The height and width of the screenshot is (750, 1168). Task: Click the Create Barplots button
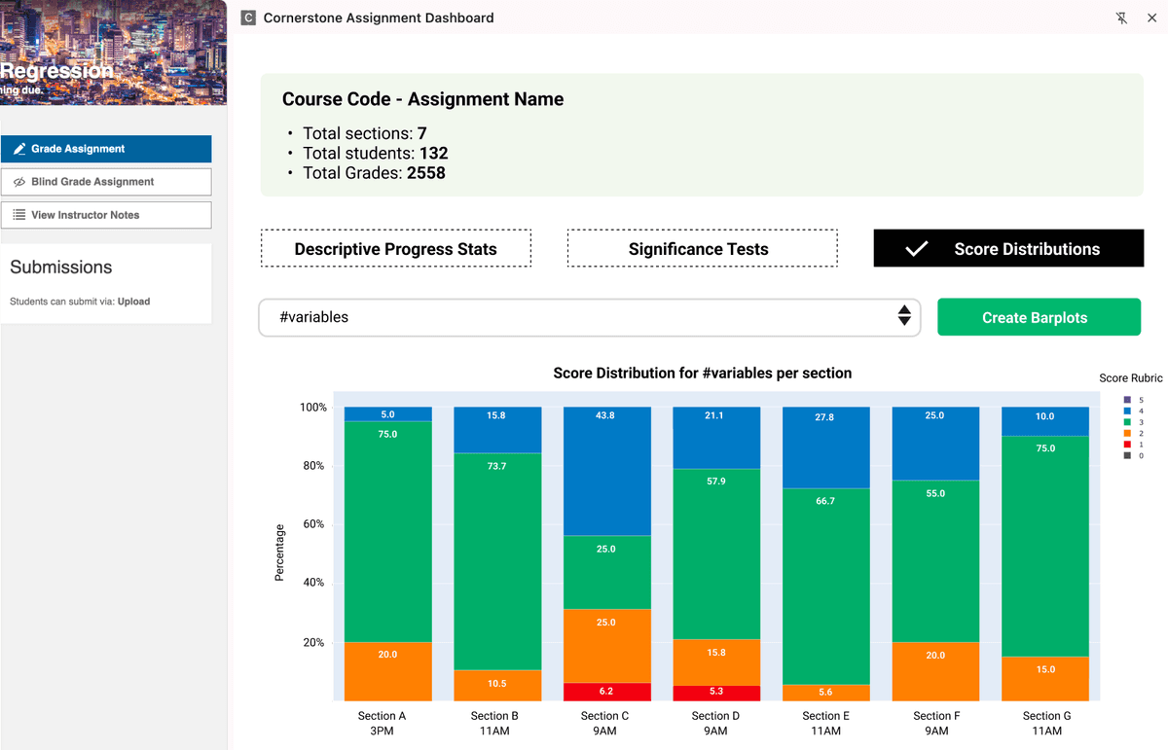(1039, 317)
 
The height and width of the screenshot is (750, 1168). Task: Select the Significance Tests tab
(702, 249)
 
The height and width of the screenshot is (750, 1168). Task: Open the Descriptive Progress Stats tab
(395, 249)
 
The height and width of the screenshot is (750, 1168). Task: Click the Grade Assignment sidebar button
(106, 149)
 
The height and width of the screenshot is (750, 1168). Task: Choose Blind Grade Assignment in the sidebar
(106, 182)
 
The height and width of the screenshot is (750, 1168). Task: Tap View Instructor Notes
(106, 215)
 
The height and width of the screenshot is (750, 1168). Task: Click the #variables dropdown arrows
(904, 315)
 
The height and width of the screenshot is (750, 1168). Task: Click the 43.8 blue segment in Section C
(606, 472)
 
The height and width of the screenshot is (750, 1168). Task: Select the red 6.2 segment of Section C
(606, 692)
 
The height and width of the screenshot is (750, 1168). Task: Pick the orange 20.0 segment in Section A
(387, 671)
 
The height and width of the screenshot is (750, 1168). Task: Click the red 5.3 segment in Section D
(715, 693)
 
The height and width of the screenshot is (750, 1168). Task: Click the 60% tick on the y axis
(312, 524)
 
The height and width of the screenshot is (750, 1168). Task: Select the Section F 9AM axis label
(935, 723)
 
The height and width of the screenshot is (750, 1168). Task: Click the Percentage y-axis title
(279, 553)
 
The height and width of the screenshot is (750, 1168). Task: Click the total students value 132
(433, 153)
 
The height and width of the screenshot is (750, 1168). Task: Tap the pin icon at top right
(1122, 18)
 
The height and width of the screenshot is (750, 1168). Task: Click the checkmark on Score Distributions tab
(916, 249)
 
